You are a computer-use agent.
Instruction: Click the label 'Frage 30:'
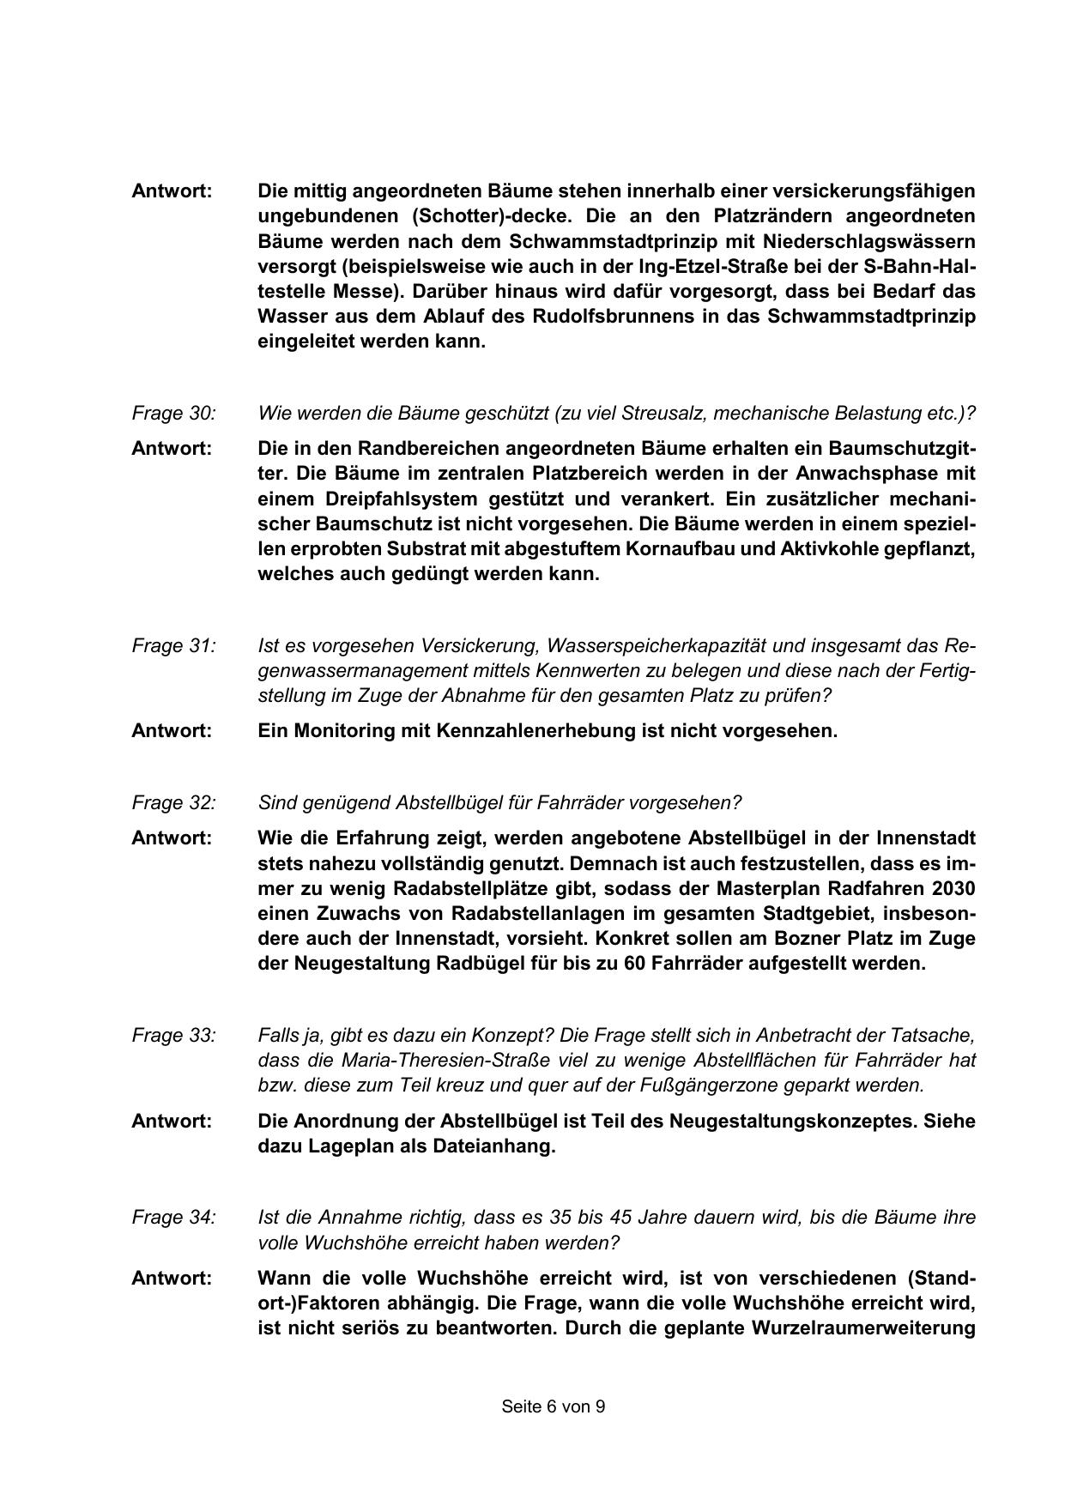[173, 413]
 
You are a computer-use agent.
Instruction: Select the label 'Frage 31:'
[173, 645]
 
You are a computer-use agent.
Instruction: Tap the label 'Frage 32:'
[173, 802]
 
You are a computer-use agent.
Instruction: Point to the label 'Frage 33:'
[173, 1035]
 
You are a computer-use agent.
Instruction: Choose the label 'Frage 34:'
[173, 1217]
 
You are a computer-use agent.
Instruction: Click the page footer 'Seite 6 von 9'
[554, 1406]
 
